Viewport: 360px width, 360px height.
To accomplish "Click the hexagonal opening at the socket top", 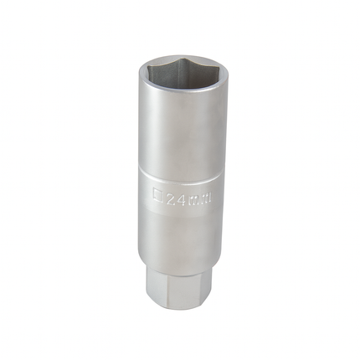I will (x=179, y=75).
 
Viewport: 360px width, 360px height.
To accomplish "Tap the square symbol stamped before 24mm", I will (x=159, y=198).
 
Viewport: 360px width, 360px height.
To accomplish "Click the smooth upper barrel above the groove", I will (x=178, y=134).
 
